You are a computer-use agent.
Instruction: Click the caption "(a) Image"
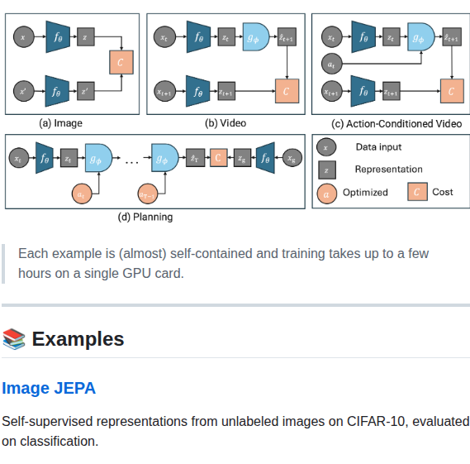(x=60, y=123)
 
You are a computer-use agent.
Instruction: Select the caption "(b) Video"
(x=226, y=123)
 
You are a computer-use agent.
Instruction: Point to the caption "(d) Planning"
(x=145, y=218)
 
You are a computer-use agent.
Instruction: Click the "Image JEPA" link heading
(x=49, y=388)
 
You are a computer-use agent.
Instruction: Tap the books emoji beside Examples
(x=13, y=339)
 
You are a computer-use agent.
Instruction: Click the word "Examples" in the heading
(x=78, y=339)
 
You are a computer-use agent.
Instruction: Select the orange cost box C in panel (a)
(x=121, y=61)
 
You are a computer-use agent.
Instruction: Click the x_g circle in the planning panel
(x=292, y=157)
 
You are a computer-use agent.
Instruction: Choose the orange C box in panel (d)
(x=218, y=157)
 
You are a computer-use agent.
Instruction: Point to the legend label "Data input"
(x=378, y=147)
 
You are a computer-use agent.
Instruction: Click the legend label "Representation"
(x=388, y=170)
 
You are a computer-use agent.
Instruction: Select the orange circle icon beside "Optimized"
(x=327, y=193)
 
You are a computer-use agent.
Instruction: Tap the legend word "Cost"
(x=443, y=192)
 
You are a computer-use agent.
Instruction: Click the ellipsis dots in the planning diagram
(x=132, y=162)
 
